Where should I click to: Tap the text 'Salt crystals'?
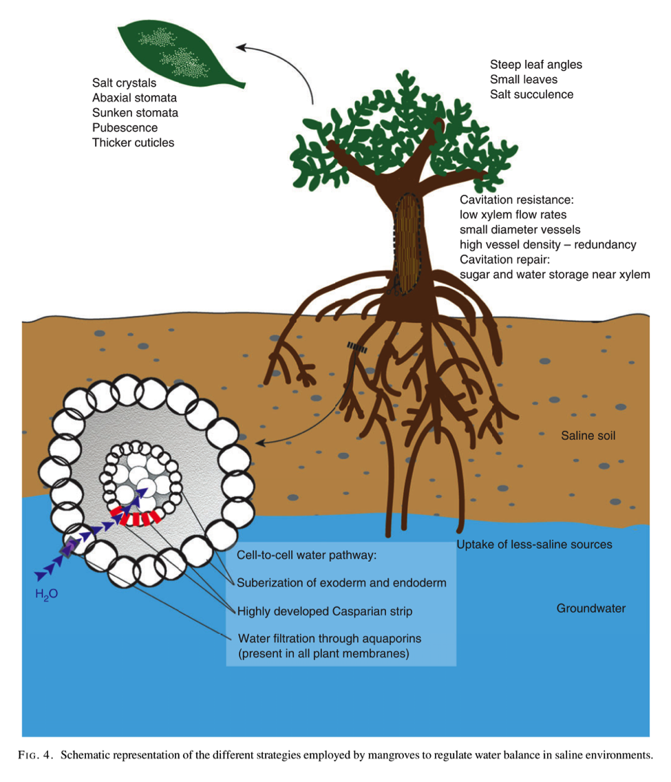pos(124,83)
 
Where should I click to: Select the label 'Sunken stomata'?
pos(135,113)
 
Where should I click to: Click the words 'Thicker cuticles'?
pos(133,142)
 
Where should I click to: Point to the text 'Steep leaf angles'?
pos(535,65)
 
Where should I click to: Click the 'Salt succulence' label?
pos(531,94)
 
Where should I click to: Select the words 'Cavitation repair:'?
pos(504,260)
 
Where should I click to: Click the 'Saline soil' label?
pos(588,436)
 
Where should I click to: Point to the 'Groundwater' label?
pos(591,609)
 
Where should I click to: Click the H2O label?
pos(47,592)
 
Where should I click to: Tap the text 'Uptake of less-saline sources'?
pos(535,545)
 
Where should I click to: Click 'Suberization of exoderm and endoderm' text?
pos(341,582)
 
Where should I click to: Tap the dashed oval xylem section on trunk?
pos(409,244)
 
